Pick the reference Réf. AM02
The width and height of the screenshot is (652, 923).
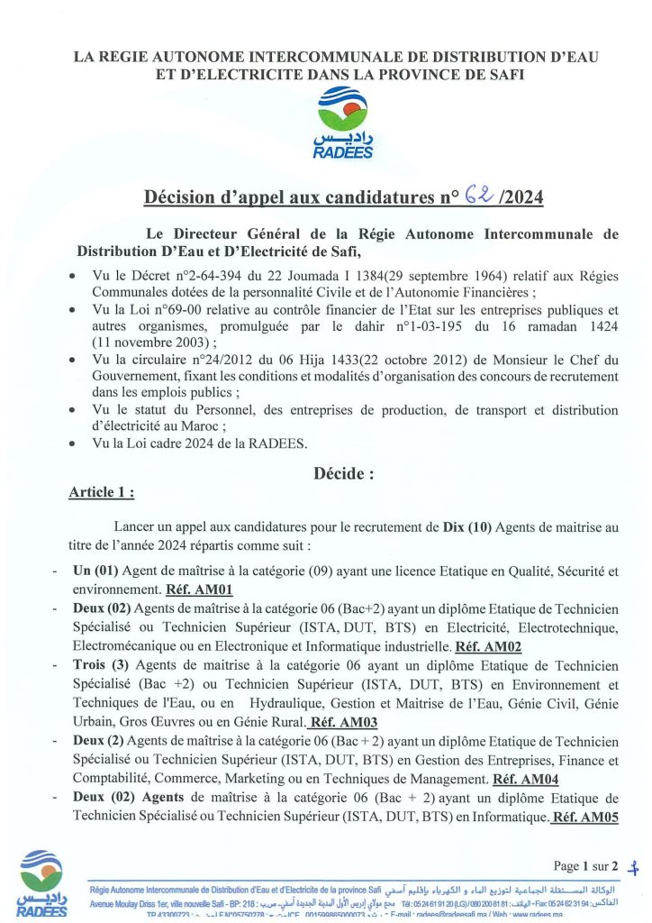point(489,646)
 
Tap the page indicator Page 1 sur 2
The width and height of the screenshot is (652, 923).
point(586,866)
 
